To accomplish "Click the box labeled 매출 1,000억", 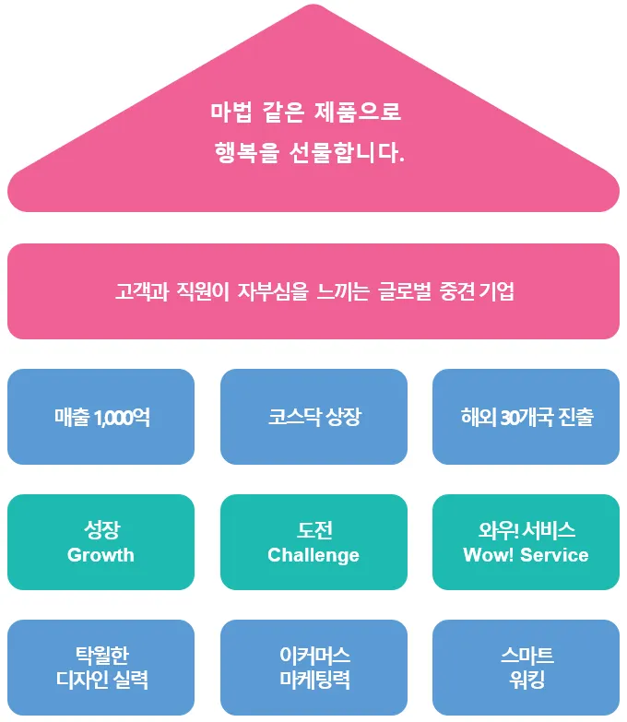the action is [x=101, y=417].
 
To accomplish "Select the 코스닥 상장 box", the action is [x=313, y=417].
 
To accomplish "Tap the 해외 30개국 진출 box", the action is [x=526, y=417].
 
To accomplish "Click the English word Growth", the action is [x=101, y=555].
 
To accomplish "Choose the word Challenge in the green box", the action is [x=313, y=555].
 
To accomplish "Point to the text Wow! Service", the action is [x=526, y=555].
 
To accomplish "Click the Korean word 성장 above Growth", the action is [x=101, y=530].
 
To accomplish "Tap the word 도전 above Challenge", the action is [x=313, y=530].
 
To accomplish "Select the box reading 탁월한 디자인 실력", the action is [x=101, y=668].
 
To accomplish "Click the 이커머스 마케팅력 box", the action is [x=313, y=668].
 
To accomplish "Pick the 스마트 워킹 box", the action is [x=526, y=668].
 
